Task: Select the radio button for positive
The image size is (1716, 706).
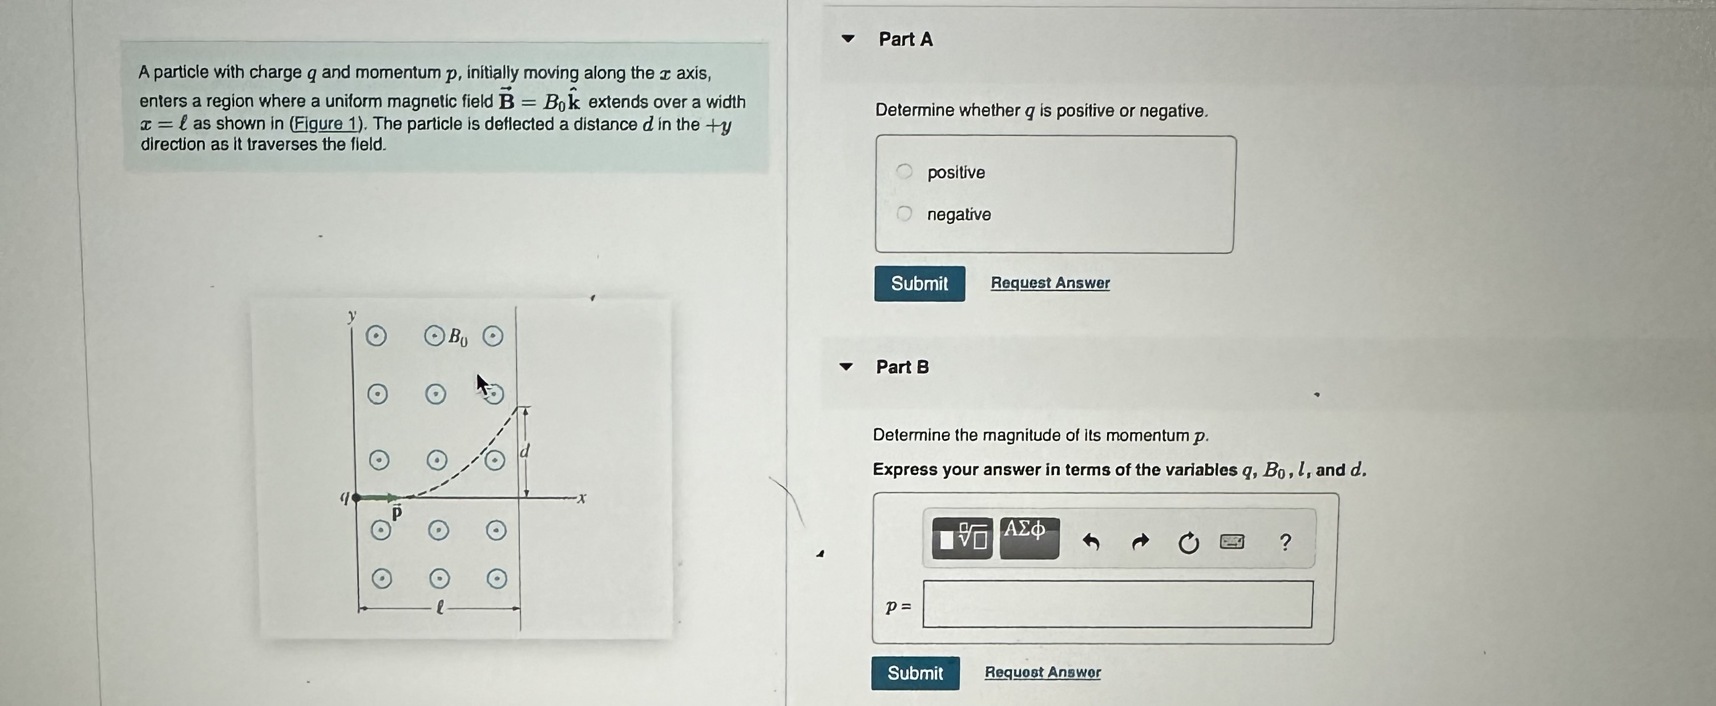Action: click(904, 172)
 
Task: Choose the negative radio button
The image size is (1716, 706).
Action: click(904, 214)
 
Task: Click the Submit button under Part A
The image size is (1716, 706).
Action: click(919, 284)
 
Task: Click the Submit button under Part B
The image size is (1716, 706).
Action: click(915, 673)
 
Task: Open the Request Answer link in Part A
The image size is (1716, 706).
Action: click(1050, 283)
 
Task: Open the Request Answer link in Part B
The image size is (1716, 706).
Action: click(1043, 672)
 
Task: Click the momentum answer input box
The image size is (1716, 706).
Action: click(1117, 604)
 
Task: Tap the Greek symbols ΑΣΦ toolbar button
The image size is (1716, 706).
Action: click(1029, 538)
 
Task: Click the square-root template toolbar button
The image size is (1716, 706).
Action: click(963, 538)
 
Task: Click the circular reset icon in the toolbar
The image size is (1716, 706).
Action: click(1188, 543)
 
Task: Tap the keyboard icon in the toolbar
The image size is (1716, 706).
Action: click(1232, 542)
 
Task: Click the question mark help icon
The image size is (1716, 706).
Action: click(1285, 542)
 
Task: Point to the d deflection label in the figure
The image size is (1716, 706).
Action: click(524, 451)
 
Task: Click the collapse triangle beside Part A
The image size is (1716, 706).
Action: click(847, 39)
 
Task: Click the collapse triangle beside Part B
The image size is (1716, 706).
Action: click(846, 366)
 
